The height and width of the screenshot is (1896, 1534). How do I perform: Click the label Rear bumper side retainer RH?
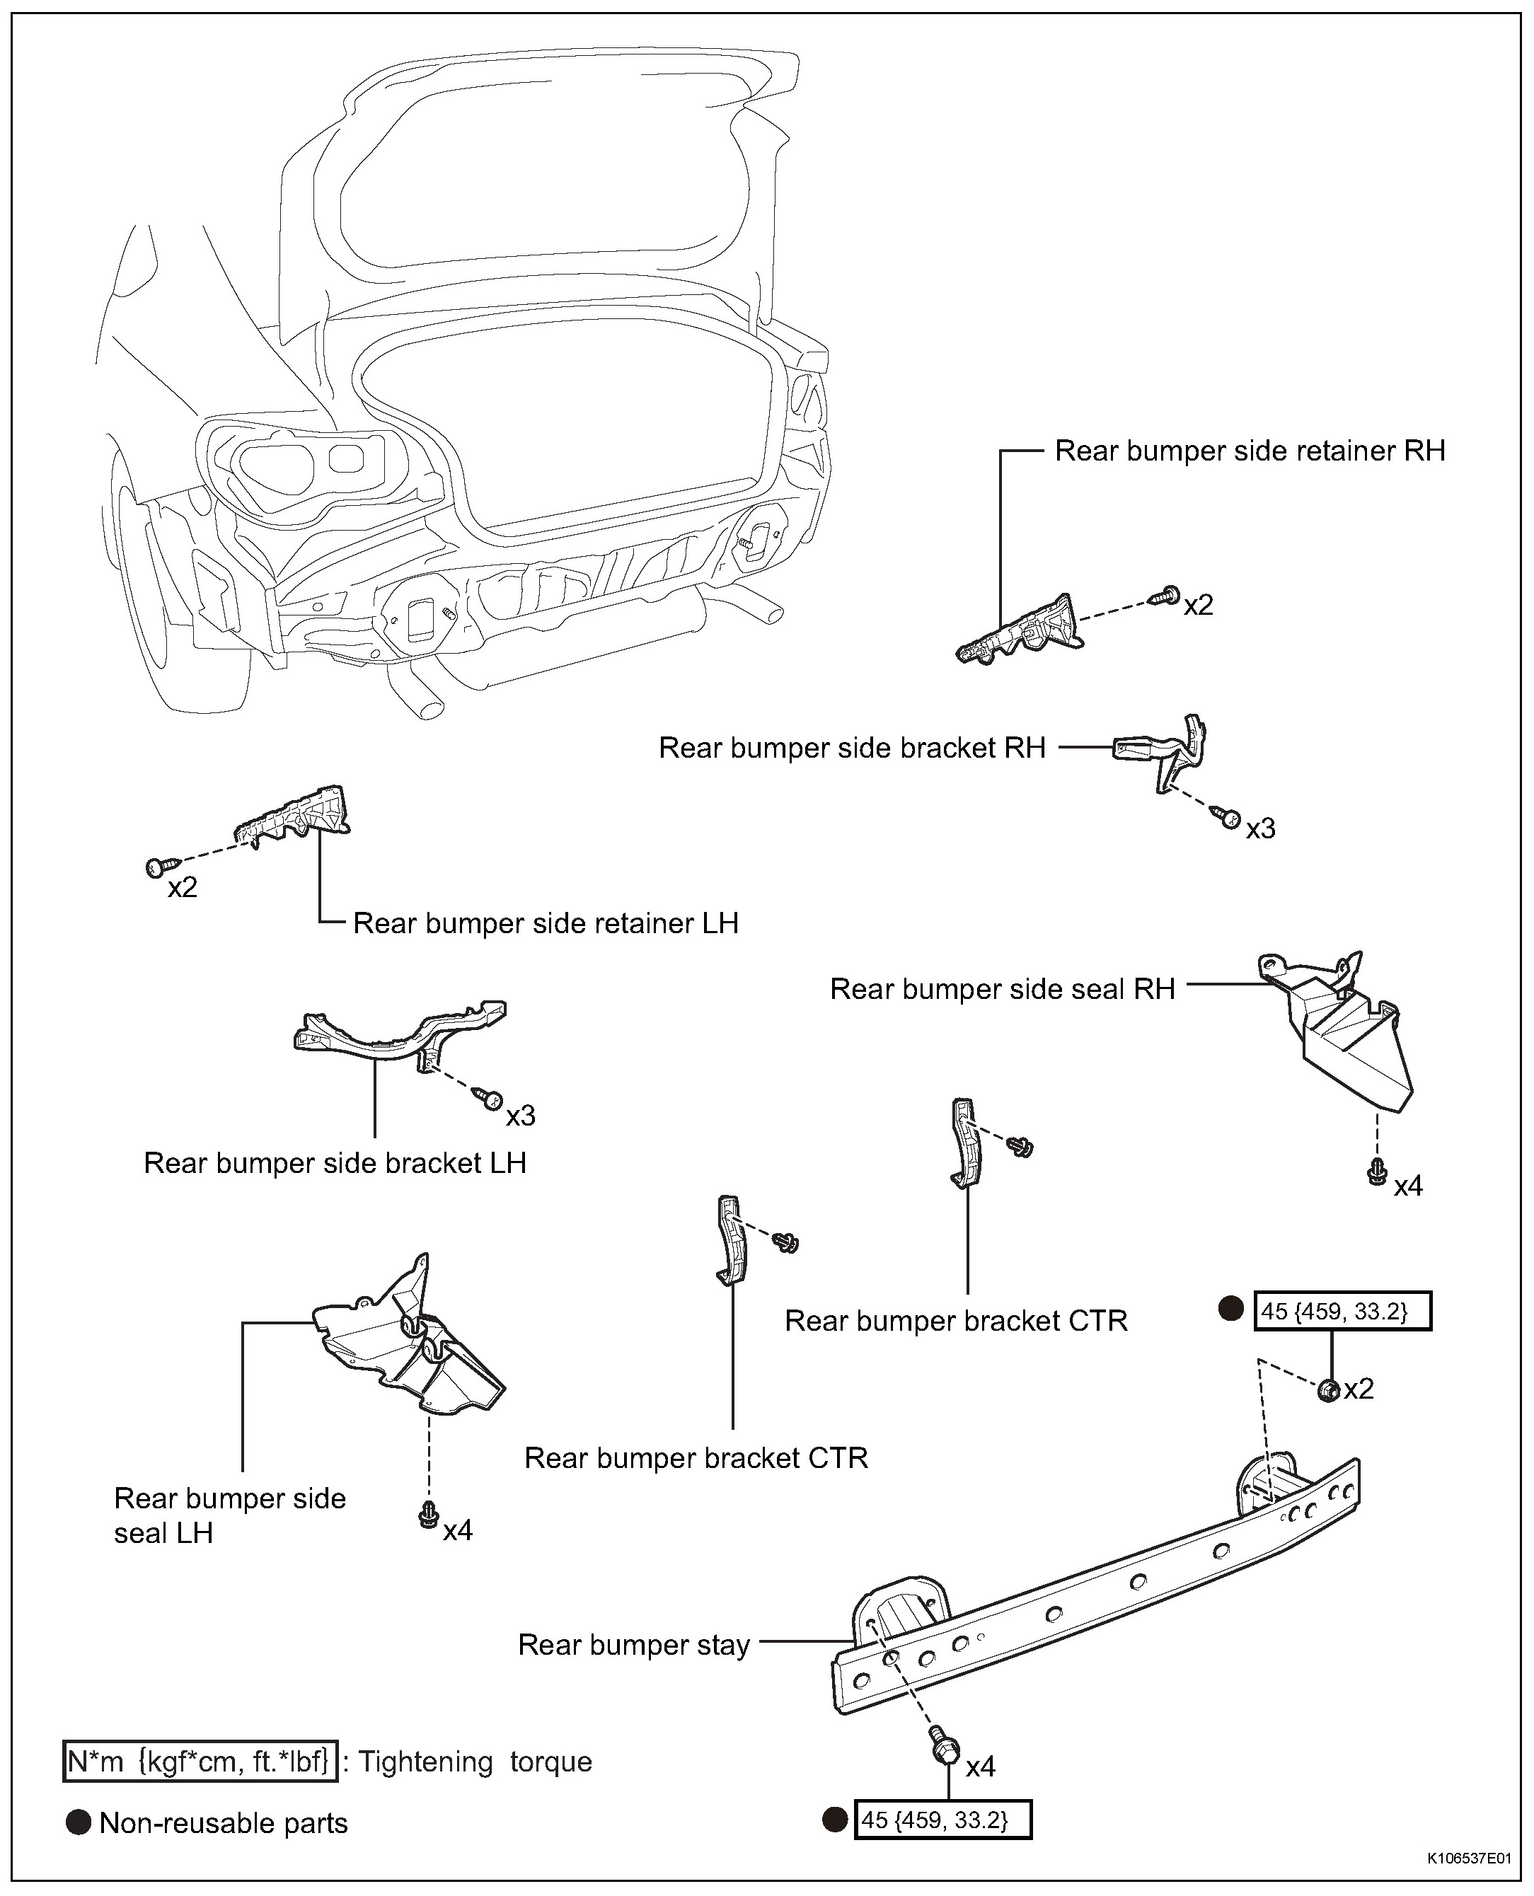click(x=1250, y=451)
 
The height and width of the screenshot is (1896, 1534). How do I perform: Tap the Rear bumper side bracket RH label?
click(x=852, y=748)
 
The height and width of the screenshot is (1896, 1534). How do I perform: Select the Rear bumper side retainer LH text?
click(x=546, y=923)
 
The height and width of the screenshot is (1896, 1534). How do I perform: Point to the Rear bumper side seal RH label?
click(x=1002, y=988)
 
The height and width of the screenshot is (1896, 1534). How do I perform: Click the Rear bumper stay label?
click(x=633, y=1645)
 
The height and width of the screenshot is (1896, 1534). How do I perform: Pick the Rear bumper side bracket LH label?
click(x=335, y=1162)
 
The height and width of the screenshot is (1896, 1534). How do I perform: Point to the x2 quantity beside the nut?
click(x=1359, y=1389)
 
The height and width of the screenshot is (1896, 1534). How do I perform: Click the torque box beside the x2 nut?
click(x=1342, y=1311)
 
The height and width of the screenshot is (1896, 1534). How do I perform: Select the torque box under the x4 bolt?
click(x=943, y=1820)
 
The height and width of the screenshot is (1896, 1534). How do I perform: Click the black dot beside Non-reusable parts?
click(x=79, y=1822)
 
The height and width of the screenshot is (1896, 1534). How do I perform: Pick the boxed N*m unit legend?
click(x=200, y=1762)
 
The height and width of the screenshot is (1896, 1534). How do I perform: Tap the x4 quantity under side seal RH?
click(x=1409, y=1186)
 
